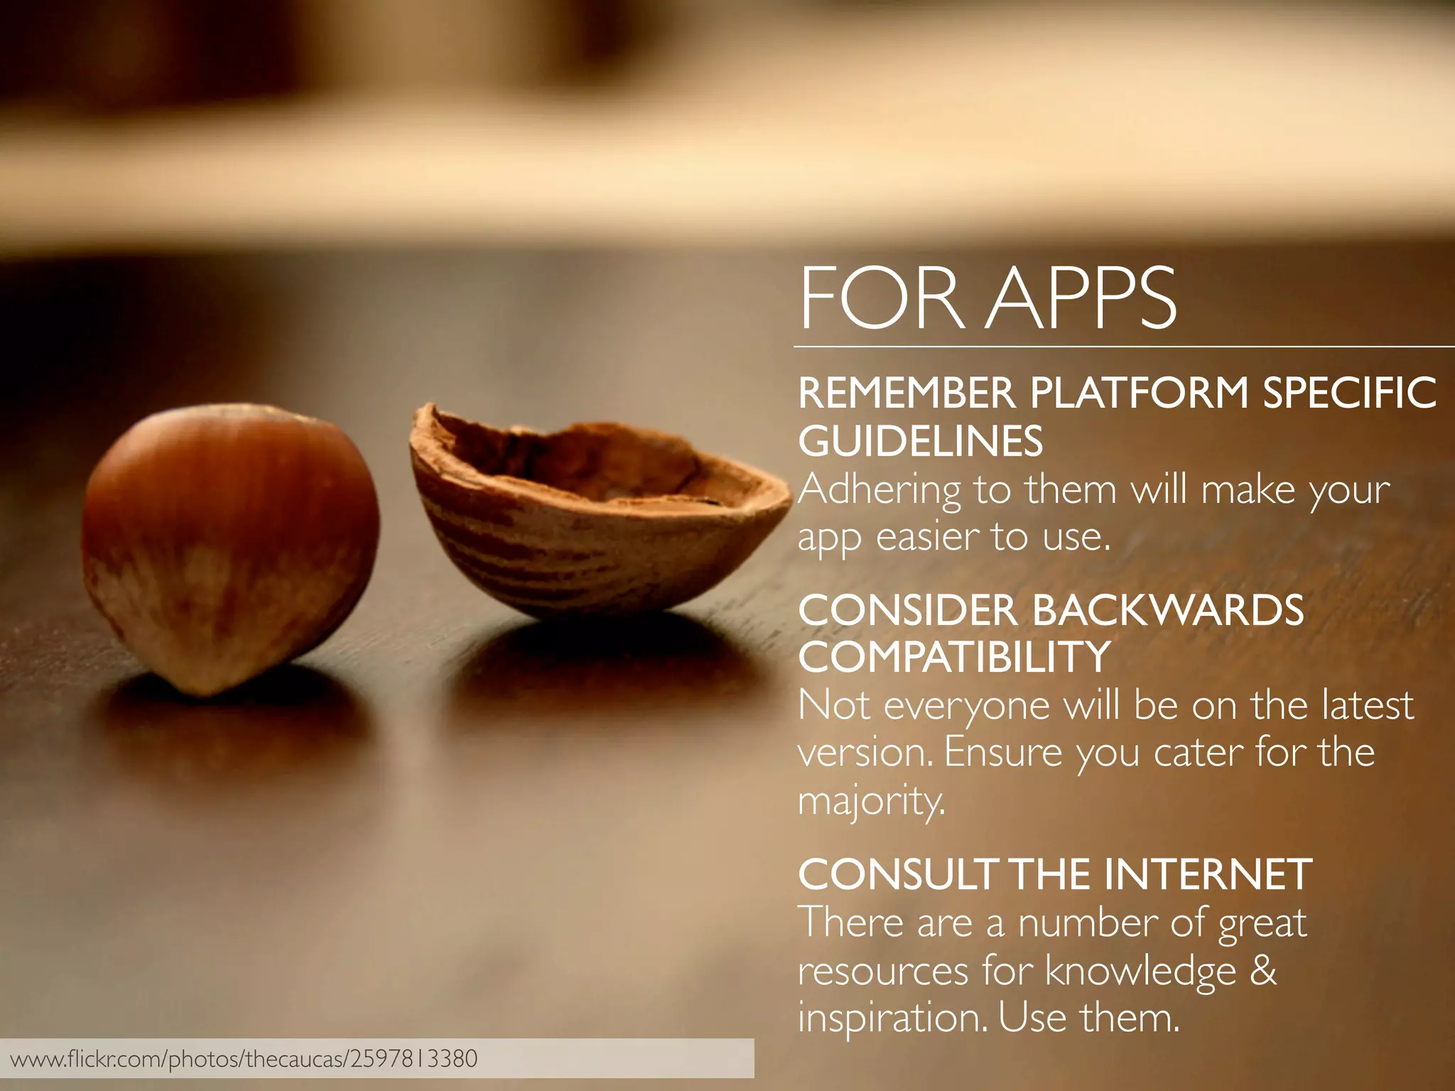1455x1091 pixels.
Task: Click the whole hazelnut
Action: click(x=231, y=547)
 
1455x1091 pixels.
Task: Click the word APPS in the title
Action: click(x=1083, y=298)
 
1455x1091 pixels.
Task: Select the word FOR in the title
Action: click(x=881, y=298)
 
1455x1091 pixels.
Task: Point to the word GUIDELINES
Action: click(x=921, y=441)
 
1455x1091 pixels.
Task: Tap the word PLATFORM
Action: click(x=1140, y=393)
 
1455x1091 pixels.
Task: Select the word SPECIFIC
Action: click(x=1349, y=393)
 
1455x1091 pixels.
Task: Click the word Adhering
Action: click(x=880, y=491)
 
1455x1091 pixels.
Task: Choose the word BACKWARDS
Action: click(x=1168, y=610)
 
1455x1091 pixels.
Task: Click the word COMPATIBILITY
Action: click(x=954, y=657)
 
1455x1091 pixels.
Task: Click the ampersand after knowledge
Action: click(x=1262, y=971)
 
